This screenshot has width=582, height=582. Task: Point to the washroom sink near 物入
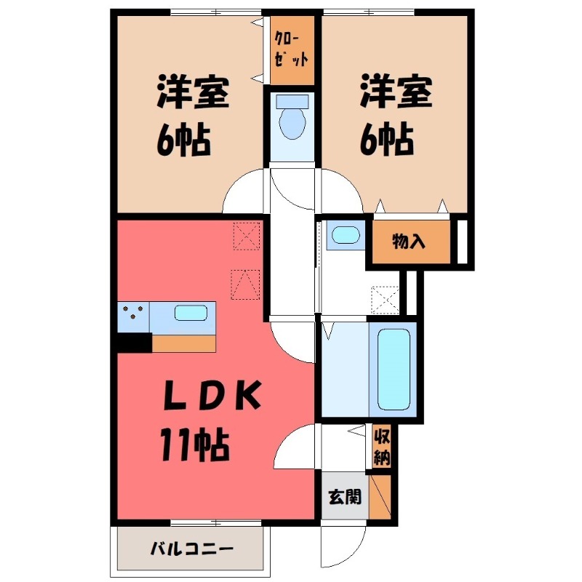pos(343,235)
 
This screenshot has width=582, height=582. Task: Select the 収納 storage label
pos(382,447)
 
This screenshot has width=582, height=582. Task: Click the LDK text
pos(210,396)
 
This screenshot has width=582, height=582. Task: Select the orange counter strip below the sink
pos(184,343)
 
